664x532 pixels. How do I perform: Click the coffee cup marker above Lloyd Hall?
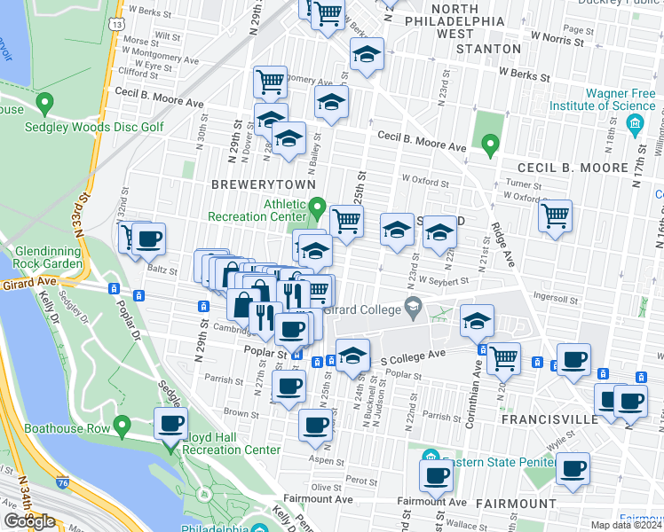(171, 424)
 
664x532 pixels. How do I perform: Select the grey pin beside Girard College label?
(413, 307)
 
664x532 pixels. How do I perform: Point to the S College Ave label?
(412, 355)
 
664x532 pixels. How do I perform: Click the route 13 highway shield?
(117, 24)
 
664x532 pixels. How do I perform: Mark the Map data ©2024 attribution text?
(627, 525)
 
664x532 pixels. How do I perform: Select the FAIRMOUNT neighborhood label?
(502, 503)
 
